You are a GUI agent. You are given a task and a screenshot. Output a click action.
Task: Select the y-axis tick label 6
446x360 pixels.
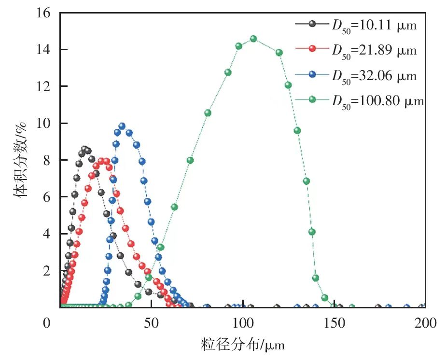point(47,197)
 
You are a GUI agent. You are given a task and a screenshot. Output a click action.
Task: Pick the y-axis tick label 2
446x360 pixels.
point(47,271)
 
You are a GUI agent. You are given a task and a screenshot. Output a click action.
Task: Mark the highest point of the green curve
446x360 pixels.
point(253,39)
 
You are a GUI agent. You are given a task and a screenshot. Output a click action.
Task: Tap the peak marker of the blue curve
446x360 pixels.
point(122,126)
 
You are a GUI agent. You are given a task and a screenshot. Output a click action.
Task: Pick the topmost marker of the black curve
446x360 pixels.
point(84,149)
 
